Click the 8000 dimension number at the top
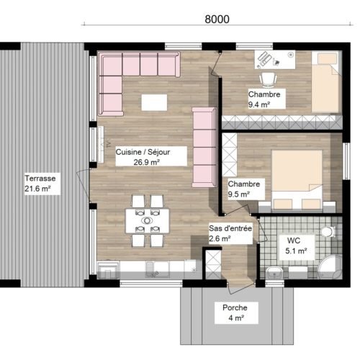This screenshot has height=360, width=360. point(217,19)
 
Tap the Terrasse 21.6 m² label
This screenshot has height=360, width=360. point(40,184)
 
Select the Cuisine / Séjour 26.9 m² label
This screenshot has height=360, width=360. point(143,157)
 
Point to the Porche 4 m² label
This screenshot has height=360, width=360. point(235,312)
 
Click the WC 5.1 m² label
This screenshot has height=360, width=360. point(296,246)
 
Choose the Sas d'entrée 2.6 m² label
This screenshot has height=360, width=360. point(230,233)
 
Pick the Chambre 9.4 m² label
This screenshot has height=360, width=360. point(264,99)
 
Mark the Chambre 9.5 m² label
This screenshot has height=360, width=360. point(244,189)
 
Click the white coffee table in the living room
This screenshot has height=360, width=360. point(154,102)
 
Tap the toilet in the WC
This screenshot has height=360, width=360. point(328,232)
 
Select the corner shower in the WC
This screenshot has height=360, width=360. point(330,267)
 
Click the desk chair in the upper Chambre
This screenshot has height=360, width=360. point(268,80)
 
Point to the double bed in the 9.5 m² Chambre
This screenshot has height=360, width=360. point(297,181)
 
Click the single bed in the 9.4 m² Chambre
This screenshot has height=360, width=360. point(327,82)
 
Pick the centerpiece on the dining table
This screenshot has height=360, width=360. point(147,220)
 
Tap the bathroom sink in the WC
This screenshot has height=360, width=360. point(274,273)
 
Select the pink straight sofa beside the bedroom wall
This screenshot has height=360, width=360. point(204,148)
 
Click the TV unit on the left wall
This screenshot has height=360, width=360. point(101,144)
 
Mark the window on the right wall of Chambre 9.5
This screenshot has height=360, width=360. point(346,161)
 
